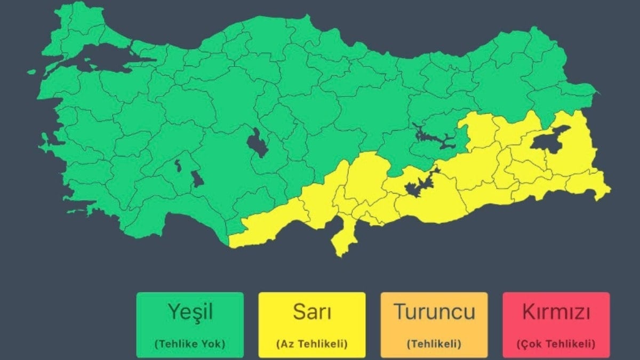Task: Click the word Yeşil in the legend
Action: (x=189, y=312)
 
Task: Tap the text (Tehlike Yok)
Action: (x=189, y=344)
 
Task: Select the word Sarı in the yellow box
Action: (x=312, y=312)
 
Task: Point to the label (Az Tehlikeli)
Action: (x=312, y=344)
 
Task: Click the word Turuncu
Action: (x=434, y=312)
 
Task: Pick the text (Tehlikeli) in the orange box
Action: (x=434, y=344)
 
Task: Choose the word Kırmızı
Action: (x=556, y=312)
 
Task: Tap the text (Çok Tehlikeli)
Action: (x=556, y=344)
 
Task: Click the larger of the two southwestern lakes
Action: (x=197, y=179)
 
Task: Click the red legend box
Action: (x=556, y=324)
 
